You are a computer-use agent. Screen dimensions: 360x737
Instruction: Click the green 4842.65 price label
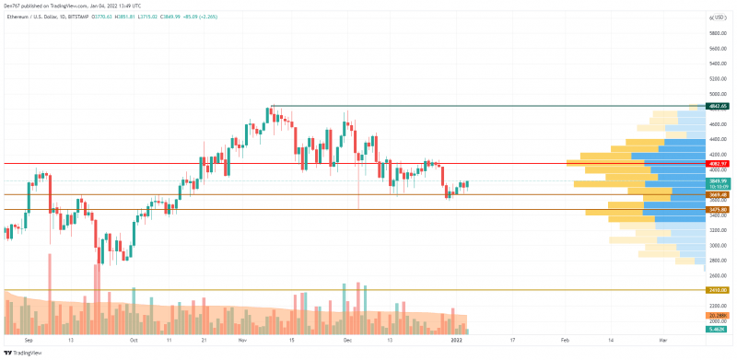(718, 107)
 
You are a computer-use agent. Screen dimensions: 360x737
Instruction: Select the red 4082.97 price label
(718, 164)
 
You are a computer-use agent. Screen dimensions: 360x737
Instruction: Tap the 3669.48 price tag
(718, 195)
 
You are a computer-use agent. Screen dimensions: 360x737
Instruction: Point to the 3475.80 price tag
(718, 210)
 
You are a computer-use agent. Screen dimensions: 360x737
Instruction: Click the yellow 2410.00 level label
(718, 290)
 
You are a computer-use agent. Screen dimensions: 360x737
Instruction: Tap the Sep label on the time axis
(29, 340)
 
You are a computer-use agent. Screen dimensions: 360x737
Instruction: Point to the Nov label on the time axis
(241, 340)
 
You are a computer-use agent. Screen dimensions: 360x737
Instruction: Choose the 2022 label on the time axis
(457, 340)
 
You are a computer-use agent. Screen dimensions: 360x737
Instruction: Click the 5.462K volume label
(718, 329)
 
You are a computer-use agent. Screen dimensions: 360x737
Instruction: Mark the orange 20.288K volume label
(718, 315)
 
